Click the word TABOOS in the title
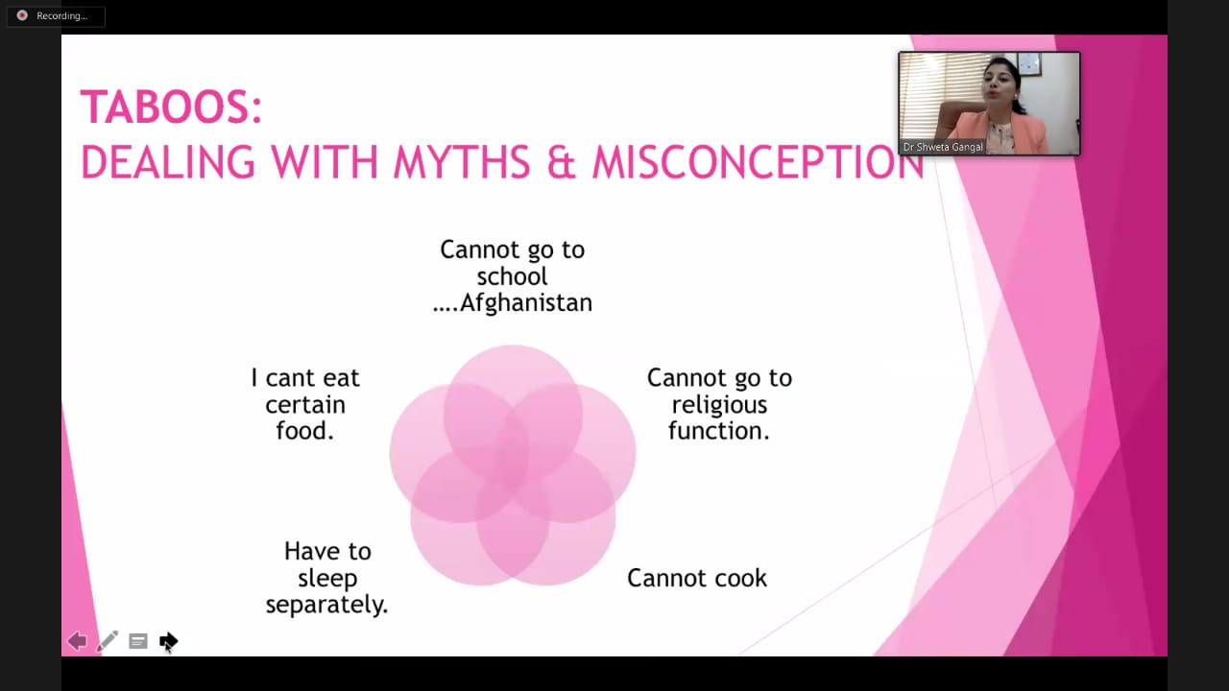coord(166,107)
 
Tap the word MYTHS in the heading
coord(462,162)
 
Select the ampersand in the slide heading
coord(562,162)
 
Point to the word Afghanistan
coord(525,303)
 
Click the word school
coord(512,276)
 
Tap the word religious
coord(719,406)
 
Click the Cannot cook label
coord(697,579)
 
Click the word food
coord(301,431)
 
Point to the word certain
coord(305,405)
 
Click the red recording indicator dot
coord(22,15)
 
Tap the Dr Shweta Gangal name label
coord(943,147)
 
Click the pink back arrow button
coord(77,640)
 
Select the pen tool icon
coord(107,640)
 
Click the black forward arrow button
coord(168,640)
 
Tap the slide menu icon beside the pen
coord(137,641)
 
